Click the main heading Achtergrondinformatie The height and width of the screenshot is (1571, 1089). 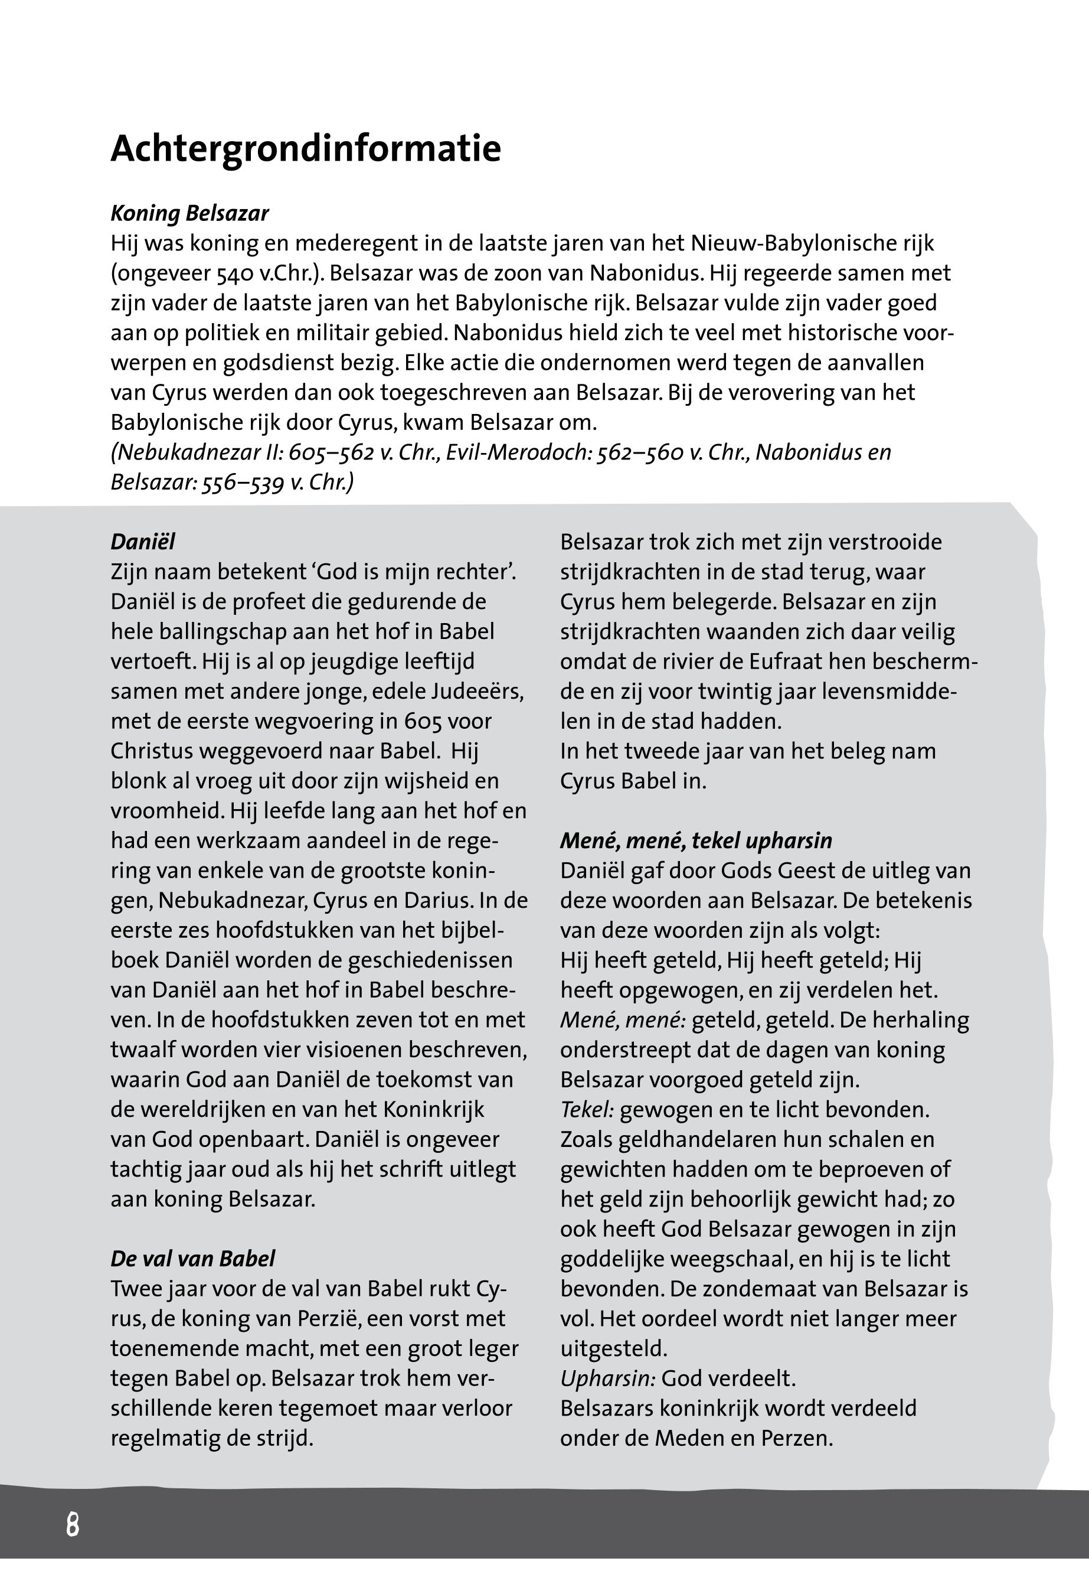pyautogui.click(x=306, y=149)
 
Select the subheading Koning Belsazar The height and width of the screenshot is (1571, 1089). pyautogui.click(x=189, y=214)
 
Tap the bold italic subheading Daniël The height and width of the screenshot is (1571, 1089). pyautogui.click(x=143, y=542)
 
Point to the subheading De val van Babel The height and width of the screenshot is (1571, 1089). pyautogui.click(x=193, y=1259)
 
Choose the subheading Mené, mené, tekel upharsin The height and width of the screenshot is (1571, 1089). pyautogui.click(x=696, y=840)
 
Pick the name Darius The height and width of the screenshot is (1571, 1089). pyautogui.click(x=437, y=901)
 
